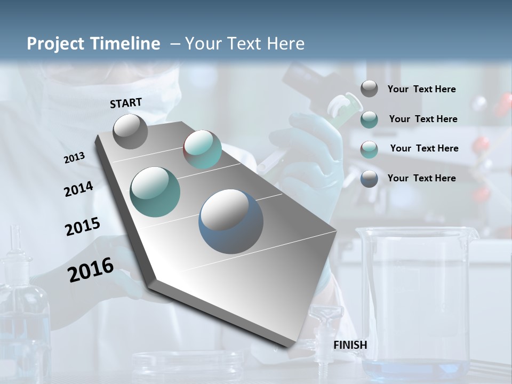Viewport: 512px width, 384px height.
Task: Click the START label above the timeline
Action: pos(126,103)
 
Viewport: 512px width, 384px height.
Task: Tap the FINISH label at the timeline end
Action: pos(350,345)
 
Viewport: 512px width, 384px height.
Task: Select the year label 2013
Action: pos(74,158)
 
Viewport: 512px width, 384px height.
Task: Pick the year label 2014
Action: pos(78,189)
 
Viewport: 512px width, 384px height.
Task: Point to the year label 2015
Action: pos(82,227)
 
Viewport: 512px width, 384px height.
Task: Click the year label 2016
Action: pos(91,270)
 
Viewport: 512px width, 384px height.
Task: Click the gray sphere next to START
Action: pos(130,131)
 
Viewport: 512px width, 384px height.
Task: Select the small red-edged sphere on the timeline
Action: pos(202,149)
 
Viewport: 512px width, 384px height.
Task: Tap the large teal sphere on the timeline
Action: pos(155,192)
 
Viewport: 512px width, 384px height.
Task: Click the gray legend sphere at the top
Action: pos(369,89)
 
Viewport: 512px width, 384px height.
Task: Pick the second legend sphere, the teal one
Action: pos(369,119)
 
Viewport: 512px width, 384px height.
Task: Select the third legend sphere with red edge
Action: pos(369,149)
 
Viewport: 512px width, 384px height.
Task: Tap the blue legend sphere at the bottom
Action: pos(369,179)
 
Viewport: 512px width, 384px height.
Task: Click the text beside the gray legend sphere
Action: pos(421,89)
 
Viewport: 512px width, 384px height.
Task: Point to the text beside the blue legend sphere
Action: pos(421,178)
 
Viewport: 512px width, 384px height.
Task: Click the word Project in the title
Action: pos(53,44)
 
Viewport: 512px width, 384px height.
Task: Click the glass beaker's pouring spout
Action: pos(471,234)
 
